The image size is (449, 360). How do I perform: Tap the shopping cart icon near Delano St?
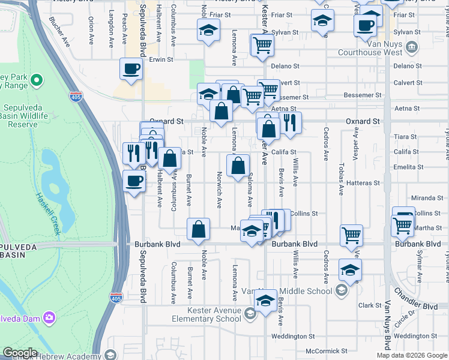pos(263,44)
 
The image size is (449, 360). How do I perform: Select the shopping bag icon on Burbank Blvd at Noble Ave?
pos(198,229)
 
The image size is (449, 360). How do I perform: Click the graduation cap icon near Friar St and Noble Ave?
pos(208,29)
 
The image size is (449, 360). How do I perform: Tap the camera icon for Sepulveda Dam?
pos(49,316)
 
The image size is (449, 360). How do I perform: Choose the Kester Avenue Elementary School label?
pos(206,314)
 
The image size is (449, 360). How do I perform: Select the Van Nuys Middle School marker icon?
pos(341,291)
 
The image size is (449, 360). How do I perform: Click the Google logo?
pos(20,353)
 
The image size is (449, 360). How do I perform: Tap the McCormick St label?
pos(326,351)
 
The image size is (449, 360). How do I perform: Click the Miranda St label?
pos(427,198)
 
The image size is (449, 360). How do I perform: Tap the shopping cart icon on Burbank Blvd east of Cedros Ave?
pos(351,235)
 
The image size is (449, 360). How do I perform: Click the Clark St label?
pos(366,305)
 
